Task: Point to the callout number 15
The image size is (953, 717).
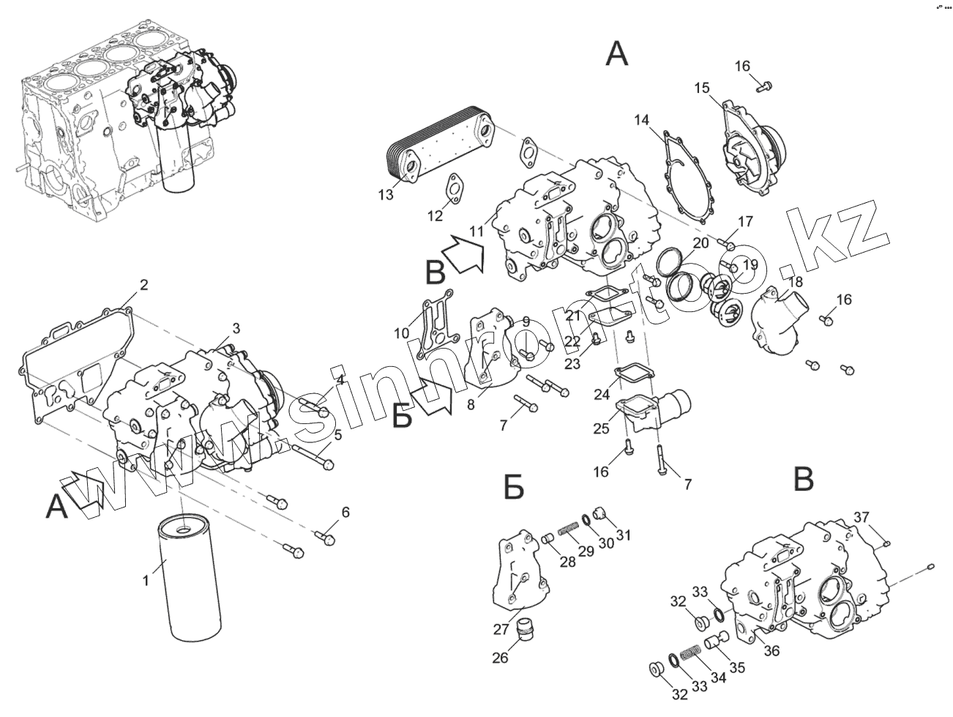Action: (x=702, y=89)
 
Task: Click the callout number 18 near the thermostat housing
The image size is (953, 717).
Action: (x=795, y=281)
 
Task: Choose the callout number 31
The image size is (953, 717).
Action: (x=623, y=535)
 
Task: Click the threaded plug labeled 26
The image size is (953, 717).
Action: (x=525, y=629)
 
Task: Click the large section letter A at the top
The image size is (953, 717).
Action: (x=617, y=53)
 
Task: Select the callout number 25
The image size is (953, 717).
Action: (x=601, y=428)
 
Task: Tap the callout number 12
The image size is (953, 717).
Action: (x=436, y=216)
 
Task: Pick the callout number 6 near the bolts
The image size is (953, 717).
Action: (x=345, y=512)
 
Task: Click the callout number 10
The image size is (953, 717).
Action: (x=401, y=334)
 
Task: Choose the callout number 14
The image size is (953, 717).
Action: (x=642, y=119)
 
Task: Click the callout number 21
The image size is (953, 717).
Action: (x=572, y=316)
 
